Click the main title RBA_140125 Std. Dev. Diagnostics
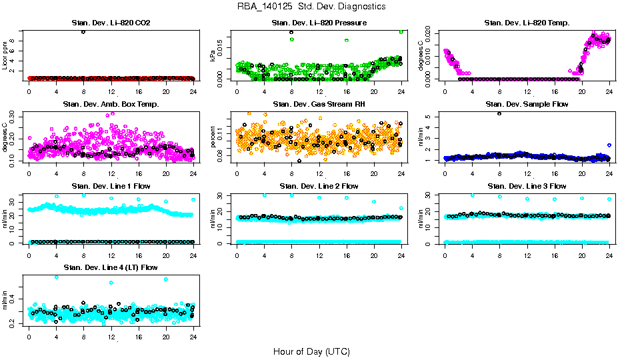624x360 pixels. pyautogui.click(x=311, y=7)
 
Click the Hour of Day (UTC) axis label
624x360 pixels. pyautogui.click(x=311, y=351)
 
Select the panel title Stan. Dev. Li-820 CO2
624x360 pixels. pyautogui.click(x=111, y=23)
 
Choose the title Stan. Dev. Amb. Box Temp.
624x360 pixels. pyautogui.click(x=111, y=104)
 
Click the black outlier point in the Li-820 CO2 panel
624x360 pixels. pyautogui.click(x=83, y=32)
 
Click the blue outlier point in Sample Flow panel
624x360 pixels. pyautogui.click(x=609, y=145)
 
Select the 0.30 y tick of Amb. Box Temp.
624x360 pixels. pyautogui.click(x=15, y=115)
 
